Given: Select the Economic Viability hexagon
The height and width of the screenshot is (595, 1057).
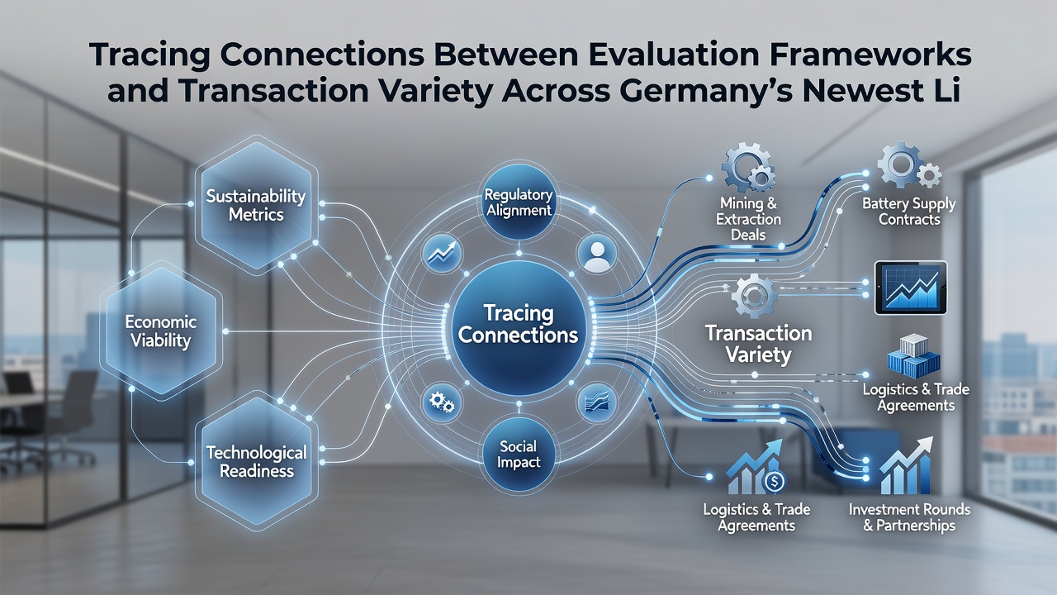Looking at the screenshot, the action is [x=161, y=331].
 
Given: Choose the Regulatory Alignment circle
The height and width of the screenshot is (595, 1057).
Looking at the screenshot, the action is [x=519, y=202].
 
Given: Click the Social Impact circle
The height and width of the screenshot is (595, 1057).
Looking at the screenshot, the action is [x=519, y=454].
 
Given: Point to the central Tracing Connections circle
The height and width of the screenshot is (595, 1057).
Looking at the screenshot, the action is [x=519, y=328].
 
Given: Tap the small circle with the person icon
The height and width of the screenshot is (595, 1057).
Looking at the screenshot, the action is [x=597, y=255].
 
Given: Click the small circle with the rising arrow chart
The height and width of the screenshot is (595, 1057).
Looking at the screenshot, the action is [x=442, y=255].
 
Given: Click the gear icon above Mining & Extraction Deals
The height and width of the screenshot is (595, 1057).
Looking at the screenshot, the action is [x=748, y=168].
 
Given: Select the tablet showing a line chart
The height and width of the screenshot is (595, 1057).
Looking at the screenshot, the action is [x=911, y=288].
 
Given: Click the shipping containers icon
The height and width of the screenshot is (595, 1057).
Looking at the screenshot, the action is [x=913, y=356].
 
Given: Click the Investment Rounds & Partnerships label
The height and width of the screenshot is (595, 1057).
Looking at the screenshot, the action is [x=909, y=517].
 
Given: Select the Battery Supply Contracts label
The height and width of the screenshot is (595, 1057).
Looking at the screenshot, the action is [x=909, y=212].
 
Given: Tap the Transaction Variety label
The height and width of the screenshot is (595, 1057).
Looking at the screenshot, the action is [x=758, y=344].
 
